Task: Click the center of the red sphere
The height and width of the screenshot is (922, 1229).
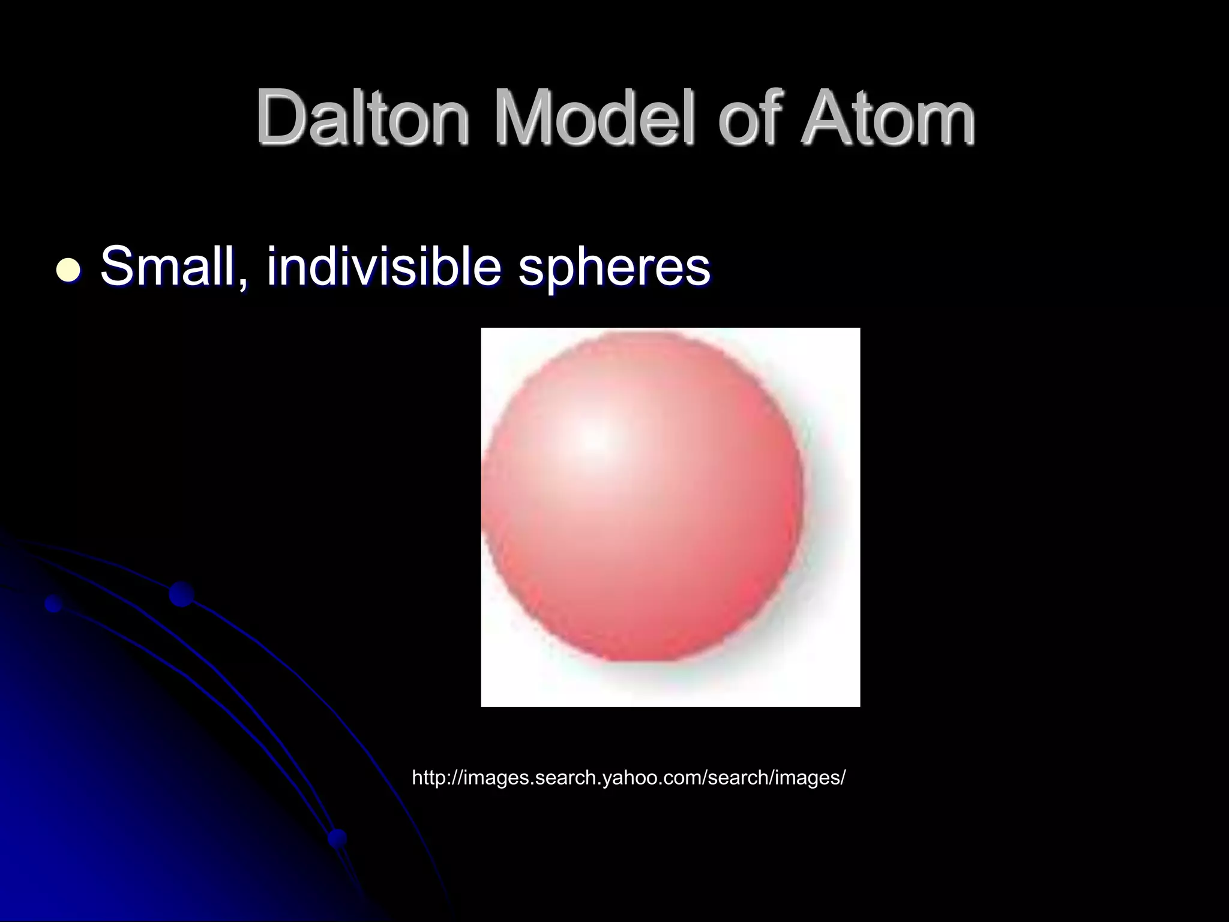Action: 642,498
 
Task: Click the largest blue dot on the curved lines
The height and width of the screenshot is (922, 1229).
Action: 181,594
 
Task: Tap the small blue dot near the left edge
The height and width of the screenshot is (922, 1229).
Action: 54,603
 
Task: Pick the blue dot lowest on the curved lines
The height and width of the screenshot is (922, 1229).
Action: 338,838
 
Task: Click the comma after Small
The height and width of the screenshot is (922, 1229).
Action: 241,282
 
